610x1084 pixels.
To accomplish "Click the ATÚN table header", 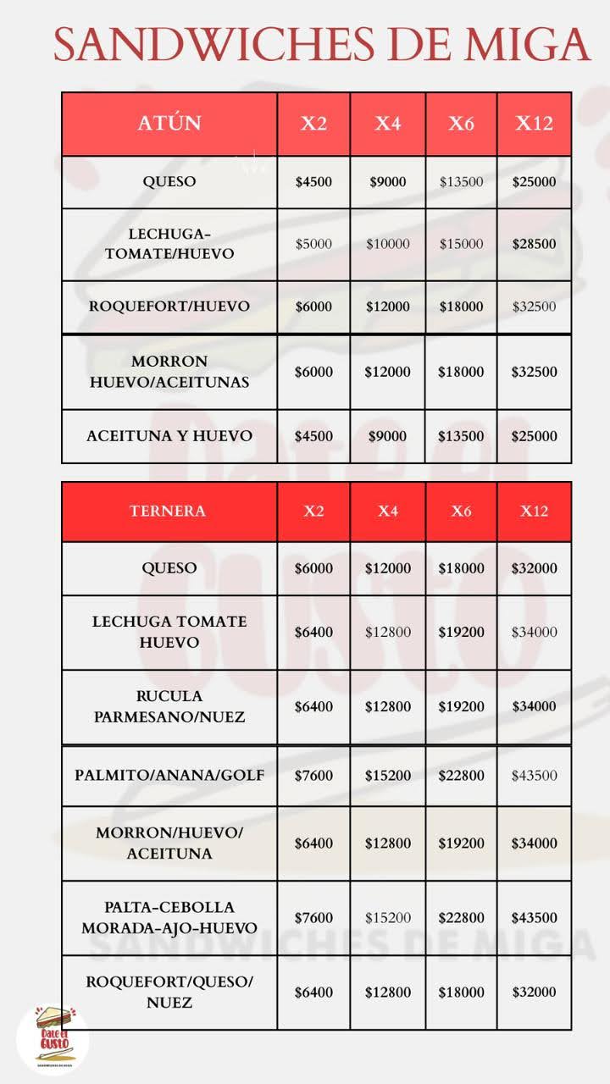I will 169,124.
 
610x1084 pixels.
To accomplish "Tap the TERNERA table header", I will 168,511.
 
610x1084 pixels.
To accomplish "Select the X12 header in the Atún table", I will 534,124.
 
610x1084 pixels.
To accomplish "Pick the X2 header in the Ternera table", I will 313,511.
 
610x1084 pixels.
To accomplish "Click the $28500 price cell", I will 534,244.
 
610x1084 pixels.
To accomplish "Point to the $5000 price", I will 313,244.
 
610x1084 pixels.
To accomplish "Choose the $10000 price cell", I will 387,244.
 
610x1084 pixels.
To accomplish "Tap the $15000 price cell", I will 461,244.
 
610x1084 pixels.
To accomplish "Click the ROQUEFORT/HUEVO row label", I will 169,307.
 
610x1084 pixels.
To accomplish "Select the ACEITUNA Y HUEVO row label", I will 169,436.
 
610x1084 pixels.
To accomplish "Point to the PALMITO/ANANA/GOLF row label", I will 169,776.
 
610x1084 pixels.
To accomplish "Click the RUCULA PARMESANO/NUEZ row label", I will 169,706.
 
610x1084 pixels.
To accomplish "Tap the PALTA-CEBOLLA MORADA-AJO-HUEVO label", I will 169,918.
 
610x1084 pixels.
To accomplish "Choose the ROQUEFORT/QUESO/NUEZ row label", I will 169,992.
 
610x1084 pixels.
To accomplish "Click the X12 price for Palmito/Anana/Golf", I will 534,776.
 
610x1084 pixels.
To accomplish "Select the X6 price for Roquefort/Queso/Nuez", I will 461,993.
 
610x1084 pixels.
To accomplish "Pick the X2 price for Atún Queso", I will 313,182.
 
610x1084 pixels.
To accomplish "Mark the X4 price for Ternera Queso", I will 387,568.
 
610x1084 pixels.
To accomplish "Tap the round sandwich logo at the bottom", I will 53,1038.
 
